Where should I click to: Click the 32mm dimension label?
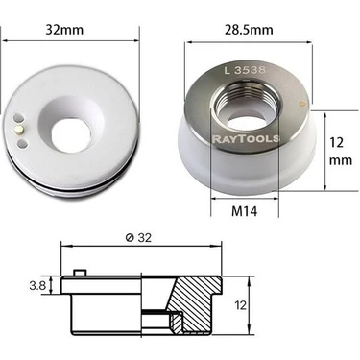(x=64, y=30)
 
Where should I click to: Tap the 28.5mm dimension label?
(x=249, y=30)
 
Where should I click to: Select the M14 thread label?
(x=244, y=211)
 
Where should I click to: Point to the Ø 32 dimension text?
(x=138, y=238)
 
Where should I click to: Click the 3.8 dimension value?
(x=37, y=285)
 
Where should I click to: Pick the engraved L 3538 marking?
(x=245, y=70)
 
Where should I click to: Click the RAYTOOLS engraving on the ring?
(x=246, y=139)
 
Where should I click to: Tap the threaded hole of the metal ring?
(x=246, y=108)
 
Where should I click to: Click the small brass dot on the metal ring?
(x=300, y=103)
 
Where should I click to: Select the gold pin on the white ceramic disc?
(x=19, y=130)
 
